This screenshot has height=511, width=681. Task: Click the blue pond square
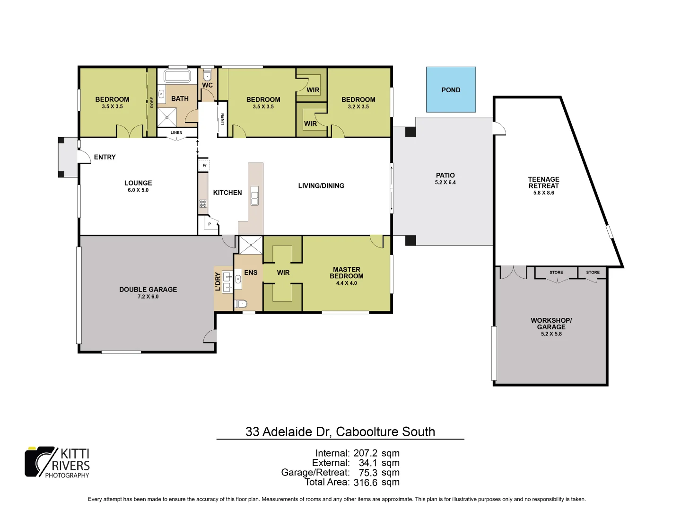click(451, 89)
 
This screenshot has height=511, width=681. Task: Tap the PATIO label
click(445, 176)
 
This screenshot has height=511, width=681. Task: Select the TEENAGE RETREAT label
click(543, 183)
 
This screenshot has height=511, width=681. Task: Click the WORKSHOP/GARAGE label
click(551, 324)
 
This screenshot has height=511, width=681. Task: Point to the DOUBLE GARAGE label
click(148, 290)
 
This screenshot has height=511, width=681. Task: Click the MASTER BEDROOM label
click(347, 273)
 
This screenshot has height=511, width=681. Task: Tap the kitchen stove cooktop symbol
click(203, 204)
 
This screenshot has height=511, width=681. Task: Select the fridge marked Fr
click(204, 165)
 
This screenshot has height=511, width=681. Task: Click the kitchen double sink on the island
click(254, 196)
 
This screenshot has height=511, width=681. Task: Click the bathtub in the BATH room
click(177, 76)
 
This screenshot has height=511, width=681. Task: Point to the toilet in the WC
click(207, 75)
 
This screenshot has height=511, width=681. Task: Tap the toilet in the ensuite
click(241, 303)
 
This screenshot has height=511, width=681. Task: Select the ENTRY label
click(105, 157)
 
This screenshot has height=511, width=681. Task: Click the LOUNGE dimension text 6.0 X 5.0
click(138, 190)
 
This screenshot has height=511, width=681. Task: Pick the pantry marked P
click(210, 224)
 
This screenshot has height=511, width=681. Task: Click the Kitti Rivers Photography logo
click(57, 462)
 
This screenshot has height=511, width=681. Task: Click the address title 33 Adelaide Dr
click(340, 432)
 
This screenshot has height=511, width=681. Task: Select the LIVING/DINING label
click(321, 186)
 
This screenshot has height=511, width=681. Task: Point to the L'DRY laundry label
click(218, 282)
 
